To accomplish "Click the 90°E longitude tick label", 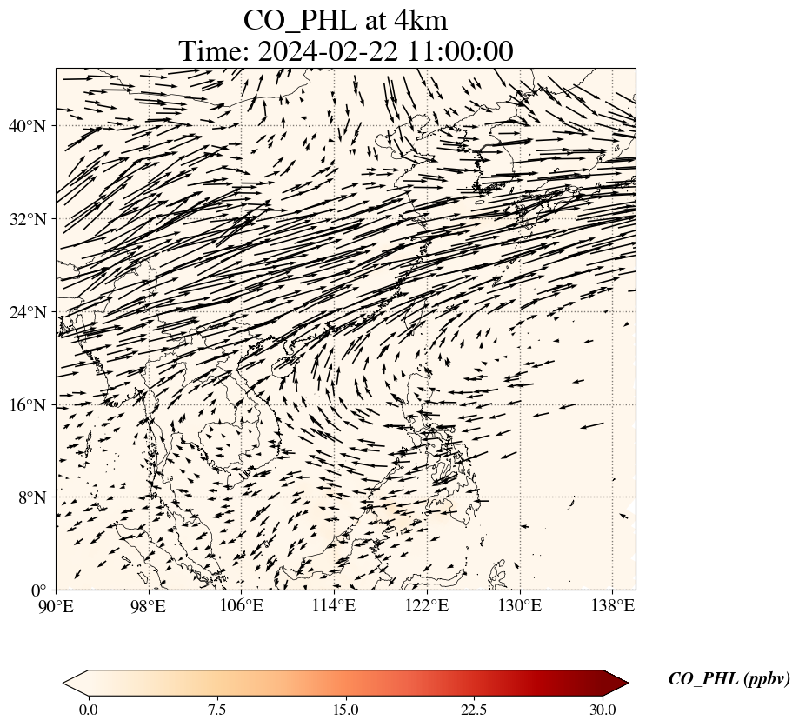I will coord(57,605).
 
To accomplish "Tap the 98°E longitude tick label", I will coord(149,605).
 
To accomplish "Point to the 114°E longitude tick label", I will coord(334,605).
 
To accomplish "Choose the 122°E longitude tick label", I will coord(427,605).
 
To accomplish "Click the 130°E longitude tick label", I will coord(519,605).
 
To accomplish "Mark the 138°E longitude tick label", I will coord(612,605).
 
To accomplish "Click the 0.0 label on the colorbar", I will coord(88,710).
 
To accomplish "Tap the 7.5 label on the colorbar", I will coord(216,710).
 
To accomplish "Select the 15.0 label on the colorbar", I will coord(345,710).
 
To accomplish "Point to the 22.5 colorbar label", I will coord(474,710).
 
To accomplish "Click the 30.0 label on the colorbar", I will coord(603,710).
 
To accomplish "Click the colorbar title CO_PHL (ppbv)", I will coord(729,679).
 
